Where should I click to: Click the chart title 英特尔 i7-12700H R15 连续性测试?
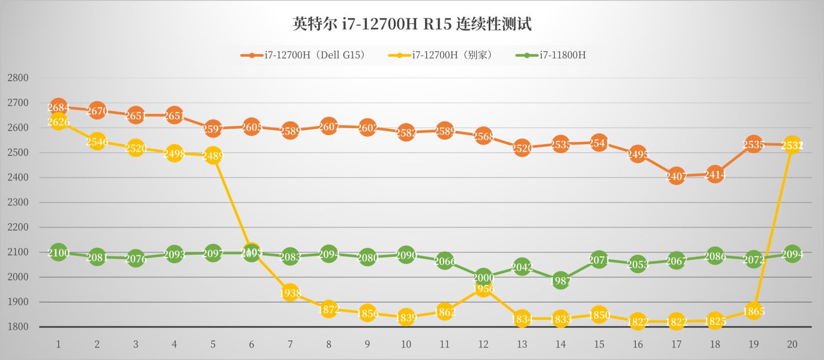pos(412,25)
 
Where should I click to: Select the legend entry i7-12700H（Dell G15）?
pos(303,56)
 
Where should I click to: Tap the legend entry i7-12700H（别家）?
pos(441,56)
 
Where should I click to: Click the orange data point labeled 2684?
pos(58,107)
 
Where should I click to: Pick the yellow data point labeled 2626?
pos(58,121)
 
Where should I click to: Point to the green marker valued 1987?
pos(561,280)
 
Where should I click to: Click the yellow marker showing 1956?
pos(484,288)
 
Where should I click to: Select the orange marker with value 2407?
pos(676,176)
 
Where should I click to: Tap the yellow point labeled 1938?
pos(290,292)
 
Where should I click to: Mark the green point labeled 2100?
pos(58,252)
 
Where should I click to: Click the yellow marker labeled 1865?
pos(754,311)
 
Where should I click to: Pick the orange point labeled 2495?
pos(637,154)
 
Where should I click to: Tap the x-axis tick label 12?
pos(484,344)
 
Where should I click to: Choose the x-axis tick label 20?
pos(792,344)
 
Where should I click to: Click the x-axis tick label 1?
pos(58,344)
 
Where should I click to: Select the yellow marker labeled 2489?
pos(213,156)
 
